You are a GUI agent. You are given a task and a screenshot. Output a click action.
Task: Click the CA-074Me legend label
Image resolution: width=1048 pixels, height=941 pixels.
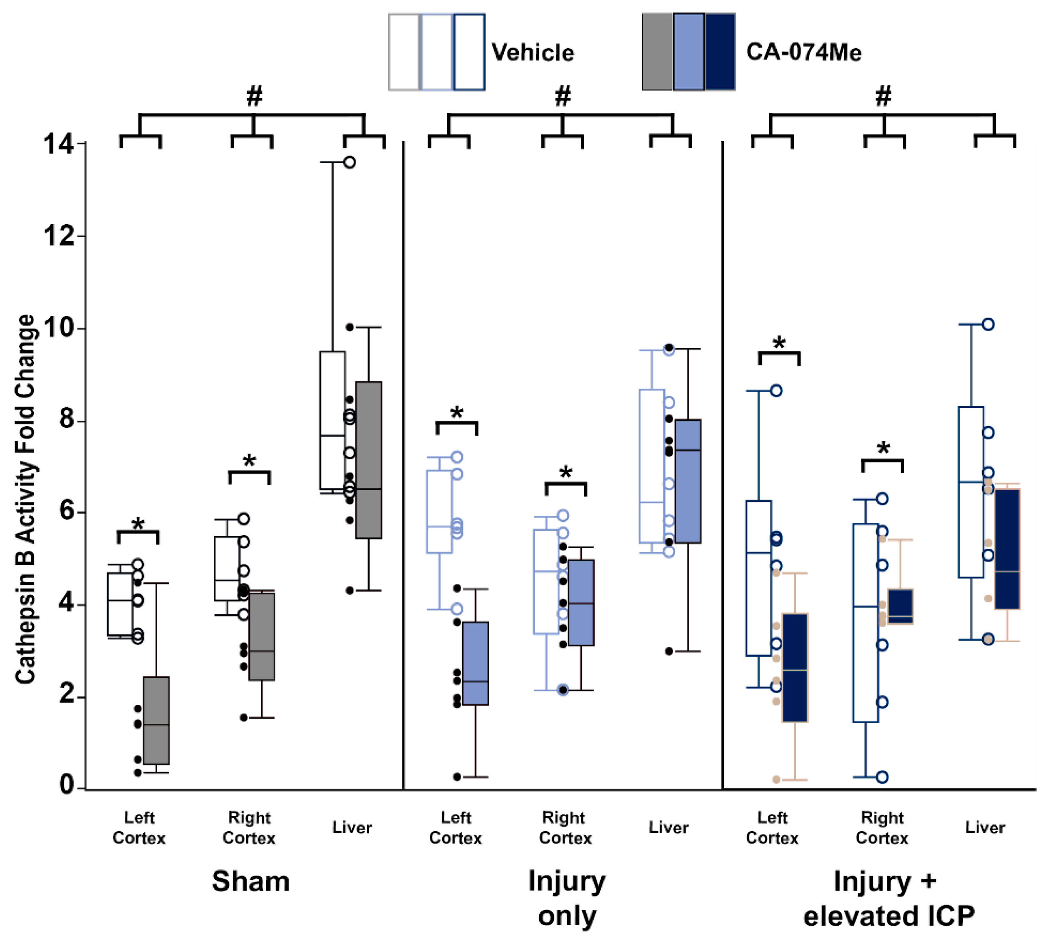point(803,52)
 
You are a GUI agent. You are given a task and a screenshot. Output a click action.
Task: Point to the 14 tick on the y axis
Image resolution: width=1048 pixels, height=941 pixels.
point(58,143)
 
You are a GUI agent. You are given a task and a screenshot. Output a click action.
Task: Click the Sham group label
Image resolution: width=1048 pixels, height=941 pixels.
point(250,881)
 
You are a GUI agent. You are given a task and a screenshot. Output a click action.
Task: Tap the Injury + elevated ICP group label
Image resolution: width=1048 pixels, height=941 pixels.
point(888,898)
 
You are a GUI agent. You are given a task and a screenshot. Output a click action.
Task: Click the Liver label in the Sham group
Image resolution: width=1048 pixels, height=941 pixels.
point(352,827)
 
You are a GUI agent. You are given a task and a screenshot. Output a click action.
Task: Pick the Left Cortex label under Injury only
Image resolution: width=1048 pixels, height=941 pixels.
point(455,827)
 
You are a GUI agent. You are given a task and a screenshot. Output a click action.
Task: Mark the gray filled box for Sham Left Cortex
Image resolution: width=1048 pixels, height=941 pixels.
point(156,720)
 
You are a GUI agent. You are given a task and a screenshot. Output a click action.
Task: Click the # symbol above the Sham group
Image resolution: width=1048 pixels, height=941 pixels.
point(254,96)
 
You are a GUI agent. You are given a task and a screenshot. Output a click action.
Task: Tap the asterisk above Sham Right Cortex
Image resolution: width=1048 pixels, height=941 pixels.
point(249,461)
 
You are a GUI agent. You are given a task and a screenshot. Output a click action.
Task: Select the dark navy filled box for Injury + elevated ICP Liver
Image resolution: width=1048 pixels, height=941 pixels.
point(1007,549)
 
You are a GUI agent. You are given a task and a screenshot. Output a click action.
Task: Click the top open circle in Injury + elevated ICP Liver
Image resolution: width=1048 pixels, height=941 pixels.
point(988,324)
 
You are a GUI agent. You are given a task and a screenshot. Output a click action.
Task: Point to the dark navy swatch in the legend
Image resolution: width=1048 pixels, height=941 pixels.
point(720,52)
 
